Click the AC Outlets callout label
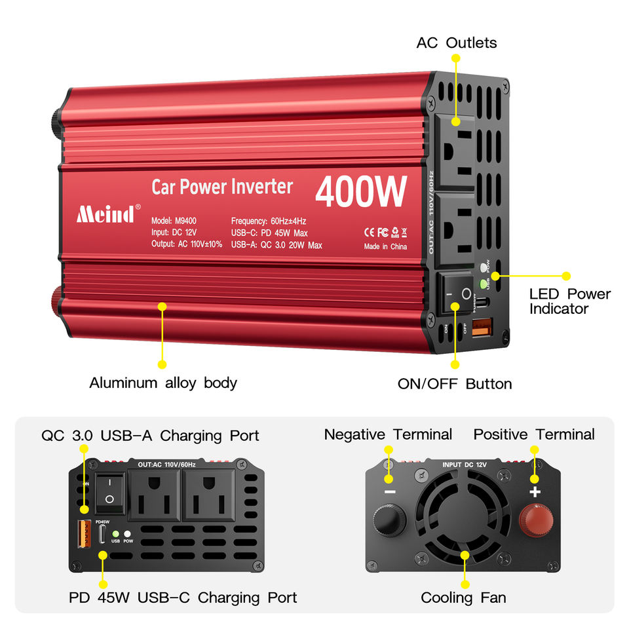456,43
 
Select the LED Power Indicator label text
569,301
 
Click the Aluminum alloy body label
162,383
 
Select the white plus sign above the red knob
535,492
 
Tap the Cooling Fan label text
463,598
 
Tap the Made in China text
385,247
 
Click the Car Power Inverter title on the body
222,187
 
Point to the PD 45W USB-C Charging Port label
183,598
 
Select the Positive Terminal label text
534,434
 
